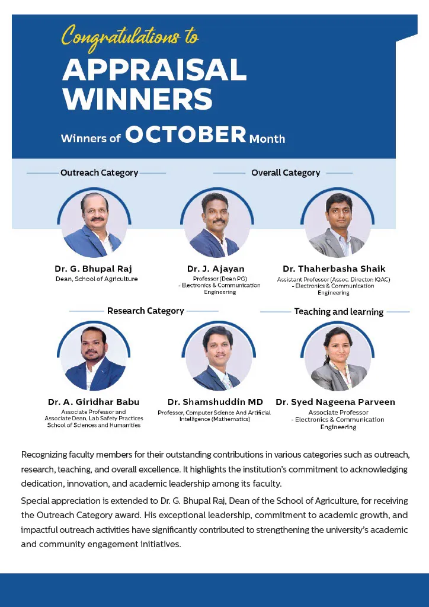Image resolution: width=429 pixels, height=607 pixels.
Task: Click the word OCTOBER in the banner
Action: coord(186,135)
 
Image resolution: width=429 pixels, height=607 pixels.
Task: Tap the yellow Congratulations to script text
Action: coord(130,37)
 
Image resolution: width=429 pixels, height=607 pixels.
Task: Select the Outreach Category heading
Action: coord(99,173)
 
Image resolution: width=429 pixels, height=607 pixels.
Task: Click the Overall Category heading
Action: coord(286,173)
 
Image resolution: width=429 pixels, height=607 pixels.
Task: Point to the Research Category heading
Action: coord(145,311)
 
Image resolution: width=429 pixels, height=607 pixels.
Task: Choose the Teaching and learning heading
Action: coord(338,312)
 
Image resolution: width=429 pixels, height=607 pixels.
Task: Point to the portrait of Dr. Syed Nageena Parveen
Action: coord(337,359)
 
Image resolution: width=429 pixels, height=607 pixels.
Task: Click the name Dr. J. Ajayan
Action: coord(216,269)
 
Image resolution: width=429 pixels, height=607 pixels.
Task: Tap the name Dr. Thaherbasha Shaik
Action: coord(334,269)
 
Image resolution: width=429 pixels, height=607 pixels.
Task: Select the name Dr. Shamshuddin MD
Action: coord(215,402)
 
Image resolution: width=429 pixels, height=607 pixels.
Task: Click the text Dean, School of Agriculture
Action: coord(97,279)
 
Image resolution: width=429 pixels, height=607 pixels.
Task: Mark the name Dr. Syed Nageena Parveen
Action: coord(335,402)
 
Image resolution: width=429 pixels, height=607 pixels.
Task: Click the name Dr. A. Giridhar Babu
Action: coord(94,402)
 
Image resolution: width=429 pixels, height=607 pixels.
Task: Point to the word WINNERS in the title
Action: coord(137,98)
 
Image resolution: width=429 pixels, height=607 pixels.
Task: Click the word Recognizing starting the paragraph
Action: coord(46,455)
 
